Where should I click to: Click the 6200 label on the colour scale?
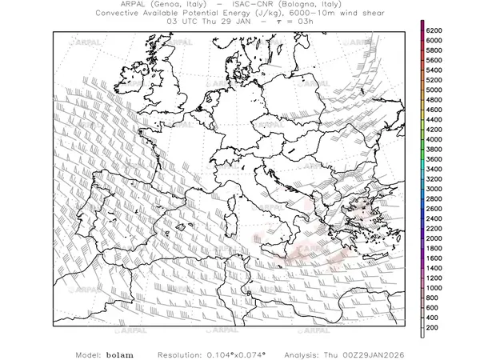(434, 30)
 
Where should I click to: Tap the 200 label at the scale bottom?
(433, 328)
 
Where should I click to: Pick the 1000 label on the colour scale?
(434, 288)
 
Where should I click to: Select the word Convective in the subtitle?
(120, 14)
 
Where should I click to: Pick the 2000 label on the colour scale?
(434, 238)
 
